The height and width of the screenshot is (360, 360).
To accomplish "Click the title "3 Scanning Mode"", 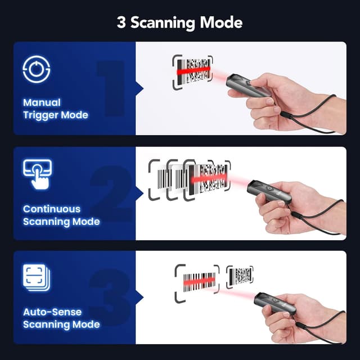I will [x=179, y=22].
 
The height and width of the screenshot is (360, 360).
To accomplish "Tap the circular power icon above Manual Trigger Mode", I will [x=37, y=69].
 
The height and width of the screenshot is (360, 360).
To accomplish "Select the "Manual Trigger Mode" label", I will [x=55, y=109].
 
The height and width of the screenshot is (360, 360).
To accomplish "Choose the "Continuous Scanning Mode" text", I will [x=61, y=215].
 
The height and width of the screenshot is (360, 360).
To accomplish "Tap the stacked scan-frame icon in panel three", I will [x=37, y=277].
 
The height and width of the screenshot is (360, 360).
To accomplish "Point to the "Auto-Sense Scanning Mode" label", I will [x=61, y=318].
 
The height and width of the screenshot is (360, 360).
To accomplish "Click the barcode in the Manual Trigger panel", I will [x=192, y=72].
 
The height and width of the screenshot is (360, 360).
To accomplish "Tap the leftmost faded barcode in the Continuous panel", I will [x=159, y=179].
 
